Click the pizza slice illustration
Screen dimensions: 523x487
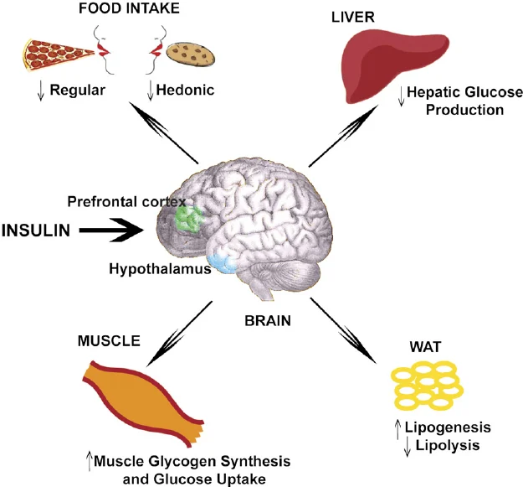click(55, 54)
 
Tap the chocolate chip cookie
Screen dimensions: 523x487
click(191, 54)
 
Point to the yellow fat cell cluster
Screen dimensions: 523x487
click(428, 385)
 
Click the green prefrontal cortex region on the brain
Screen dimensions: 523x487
click(189, 219)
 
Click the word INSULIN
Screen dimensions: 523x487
click(36, 231)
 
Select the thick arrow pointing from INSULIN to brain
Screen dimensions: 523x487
click(111, 230)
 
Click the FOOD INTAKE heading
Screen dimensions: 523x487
click(129, 8)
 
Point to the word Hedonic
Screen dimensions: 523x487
click(185, 90)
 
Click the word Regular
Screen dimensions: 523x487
click(77, 91)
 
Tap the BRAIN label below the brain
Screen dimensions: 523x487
click(268, 321)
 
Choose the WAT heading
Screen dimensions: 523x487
click(425, 347)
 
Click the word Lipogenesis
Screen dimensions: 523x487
click(448, 427)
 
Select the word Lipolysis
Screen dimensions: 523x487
click(448, 445)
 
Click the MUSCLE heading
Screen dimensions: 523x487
click(109, 340)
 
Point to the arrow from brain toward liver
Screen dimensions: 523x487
click(344, 136)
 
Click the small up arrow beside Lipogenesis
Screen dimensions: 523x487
click(397, 429)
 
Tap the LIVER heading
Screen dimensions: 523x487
click(353, 17)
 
